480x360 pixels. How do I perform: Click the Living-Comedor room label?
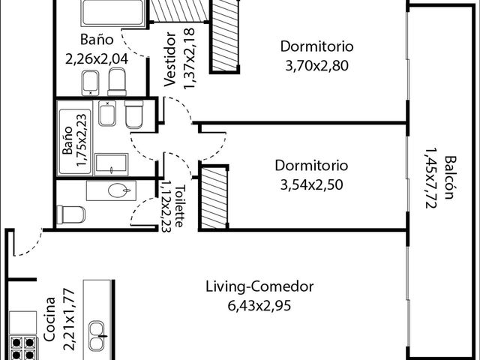coord(259,286)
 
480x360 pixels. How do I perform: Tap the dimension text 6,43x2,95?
coord(259,305)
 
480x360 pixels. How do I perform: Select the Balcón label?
coord(451,178)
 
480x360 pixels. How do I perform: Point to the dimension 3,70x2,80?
coord(316,65)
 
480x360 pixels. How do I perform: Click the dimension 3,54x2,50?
coord(312,184)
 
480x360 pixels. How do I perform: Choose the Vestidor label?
coord(170,59)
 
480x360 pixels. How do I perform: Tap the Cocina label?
coord(49,319)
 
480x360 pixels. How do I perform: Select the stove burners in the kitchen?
coord(22,348)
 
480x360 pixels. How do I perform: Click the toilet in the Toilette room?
coord(71,214)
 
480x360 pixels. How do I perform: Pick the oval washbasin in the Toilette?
coord(119,190)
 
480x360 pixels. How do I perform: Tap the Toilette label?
coord(180,206)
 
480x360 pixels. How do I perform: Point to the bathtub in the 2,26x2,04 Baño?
coord(112,12)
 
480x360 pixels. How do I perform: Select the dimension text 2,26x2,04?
coord(97,58)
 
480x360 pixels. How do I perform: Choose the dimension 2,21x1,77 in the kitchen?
coord(69,319)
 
